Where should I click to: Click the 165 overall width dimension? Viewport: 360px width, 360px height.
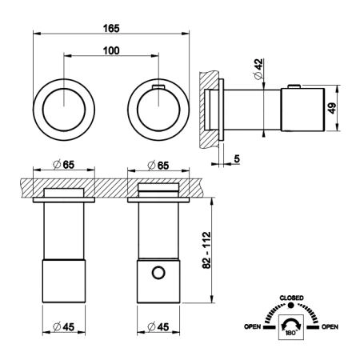point(111,28)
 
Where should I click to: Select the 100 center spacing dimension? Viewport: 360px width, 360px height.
point(111,50)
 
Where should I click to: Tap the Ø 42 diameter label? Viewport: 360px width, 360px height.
point(258,69)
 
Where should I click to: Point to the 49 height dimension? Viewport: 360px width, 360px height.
point(331,108)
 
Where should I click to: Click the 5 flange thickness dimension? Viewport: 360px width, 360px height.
point(237,159)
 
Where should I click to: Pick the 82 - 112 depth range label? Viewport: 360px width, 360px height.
point(206,250)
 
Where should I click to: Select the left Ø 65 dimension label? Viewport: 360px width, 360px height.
point(64,165)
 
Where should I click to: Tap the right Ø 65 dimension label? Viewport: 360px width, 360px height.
point(158,166)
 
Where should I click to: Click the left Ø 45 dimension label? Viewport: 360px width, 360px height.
point(64,326)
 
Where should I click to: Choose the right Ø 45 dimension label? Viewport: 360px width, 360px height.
point(158,326)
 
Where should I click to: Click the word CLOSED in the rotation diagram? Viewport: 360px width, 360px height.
point(291,298)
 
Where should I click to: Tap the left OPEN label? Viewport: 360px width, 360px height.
point(252,326)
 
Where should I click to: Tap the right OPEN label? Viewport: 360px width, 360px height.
point(330,326)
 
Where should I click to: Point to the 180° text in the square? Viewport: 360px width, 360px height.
point(290,333)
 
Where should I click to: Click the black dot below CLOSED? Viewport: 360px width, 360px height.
point(291,306)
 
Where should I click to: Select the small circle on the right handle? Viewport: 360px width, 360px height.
point(158,273)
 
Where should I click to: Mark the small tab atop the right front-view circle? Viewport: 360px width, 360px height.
point(158,86)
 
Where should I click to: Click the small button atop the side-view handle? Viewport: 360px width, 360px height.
point(294,86)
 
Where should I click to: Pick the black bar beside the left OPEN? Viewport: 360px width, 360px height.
point(270,327)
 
